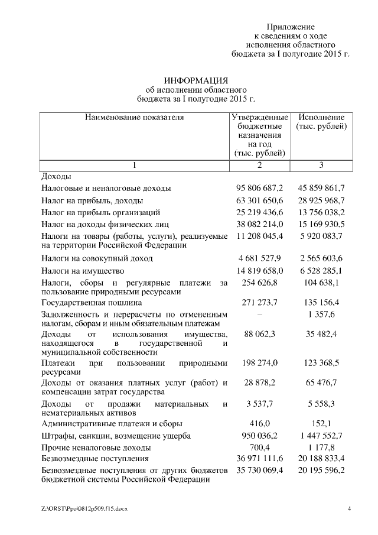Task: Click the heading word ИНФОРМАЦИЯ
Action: (x=195, y=80)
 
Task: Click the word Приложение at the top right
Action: (x=290, y=27)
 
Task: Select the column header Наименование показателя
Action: (x=135, y=118)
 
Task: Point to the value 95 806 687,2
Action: (x=259, y=188)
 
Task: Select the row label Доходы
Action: (x=56, y=176)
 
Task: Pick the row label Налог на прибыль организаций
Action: (x=101, y=212)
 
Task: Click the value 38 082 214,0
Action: (x=259, y=223)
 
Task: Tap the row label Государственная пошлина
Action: (x=92, y=303)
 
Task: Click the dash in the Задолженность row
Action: (x=259, y=314)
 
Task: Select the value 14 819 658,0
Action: (x=259, y=271)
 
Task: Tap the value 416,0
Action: (x=259, y=424)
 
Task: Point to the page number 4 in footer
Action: (x=349, y=508)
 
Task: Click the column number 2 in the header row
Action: (x=259, y=165)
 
